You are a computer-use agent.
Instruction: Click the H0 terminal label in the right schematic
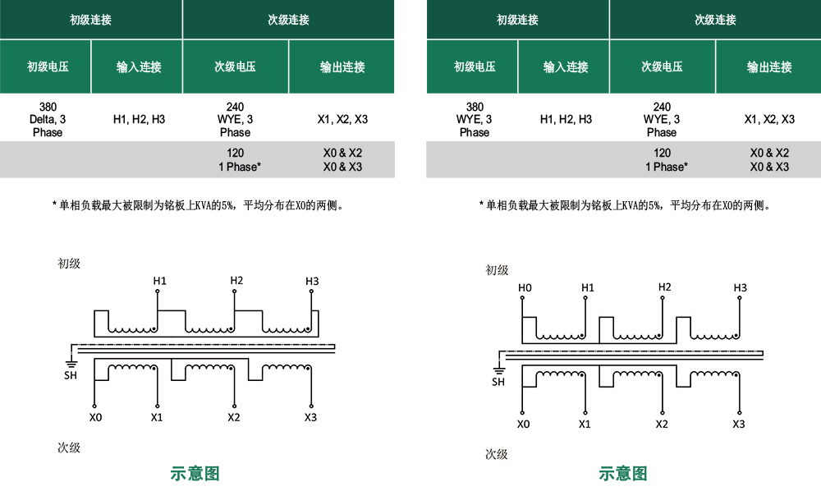(525, 288)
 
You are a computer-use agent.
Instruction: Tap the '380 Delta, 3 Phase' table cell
(48, 119)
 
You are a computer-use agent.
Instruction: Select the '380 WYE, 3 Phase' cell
(475, 119)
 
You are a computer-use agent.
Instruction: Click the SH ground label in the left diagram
(71, 375)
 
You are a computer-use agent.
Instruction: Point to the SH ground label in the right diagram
(498, 382)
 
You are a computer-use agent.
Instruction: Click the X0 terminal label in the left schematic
(95, 418)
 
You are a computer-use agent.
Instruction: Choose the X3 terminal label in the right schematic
(739, 424)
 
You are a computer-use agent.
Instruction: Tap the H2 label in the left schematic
(236, 281)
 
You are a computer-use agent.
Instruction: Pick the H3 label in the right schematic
(741, 288)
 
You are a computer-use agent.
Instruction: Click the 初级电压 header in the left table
(48, 67)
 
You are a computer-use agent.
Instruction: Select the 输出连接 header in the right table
(769, 67)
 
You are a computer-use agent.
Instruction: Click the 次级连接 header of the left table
(288, 20)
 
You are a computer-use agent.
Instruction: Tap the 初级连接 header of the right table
(517, 20)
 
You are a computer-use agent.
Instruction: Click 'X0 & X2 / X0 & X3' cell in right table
(769, 160)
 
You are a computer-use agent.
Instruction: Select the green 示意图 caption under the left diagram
(195, 473)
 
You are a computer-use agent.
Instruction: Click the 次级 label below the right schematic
(497, 454)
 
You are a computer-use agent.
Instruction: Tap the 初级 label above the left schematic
(69, 264)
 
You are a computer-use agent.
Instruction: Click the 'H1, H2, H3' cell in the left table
(140, 119)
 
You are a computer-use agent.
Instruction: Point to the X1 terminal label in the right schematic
(585, 424)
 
